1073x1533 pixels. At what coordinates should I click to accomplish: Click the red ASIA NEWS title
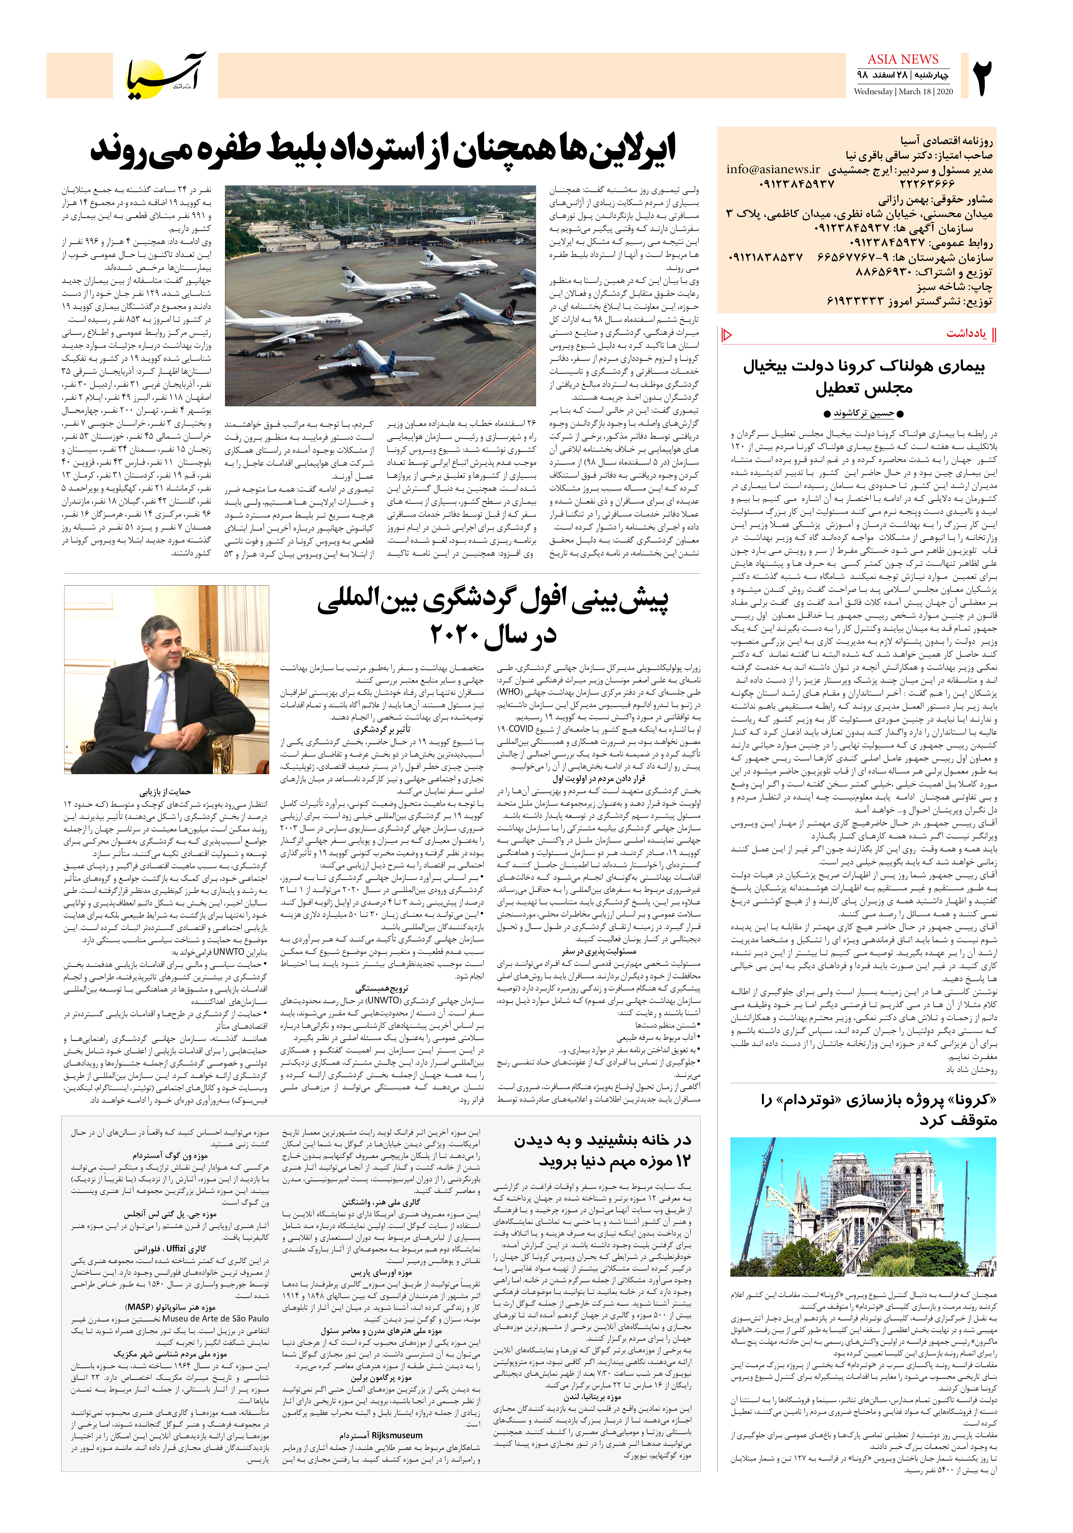903,59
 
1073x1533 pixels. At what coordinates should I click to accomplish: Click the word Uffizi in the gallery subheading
176,1248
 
